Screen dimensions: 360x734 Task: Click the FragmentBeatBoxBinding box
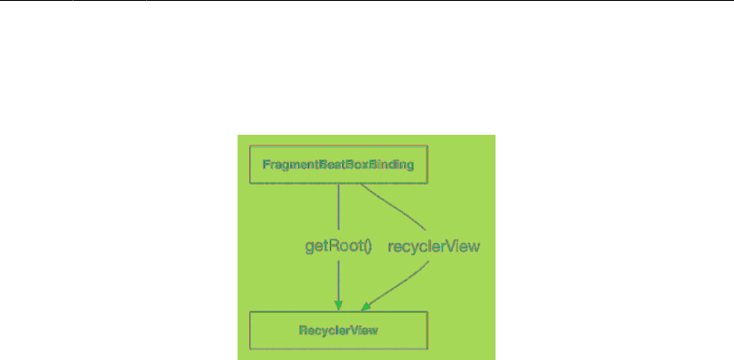click(x=339, y=164)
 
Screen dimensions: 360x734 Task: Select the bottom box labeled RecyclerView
click(x=339, y=330)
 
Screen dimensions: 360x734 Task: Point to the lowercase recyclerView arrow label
click(x=434, y=247)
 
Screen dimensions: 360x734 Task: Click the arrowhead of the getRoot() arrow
click(x=339, y=306)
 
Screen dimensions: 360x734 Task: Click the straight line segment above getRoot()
click(x=339, y=208)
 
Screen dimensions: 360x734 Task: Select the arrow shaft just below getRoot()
click(x=339, y=279)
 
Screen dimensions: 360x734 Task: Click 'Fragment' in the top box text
click(x=289, y=165)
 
